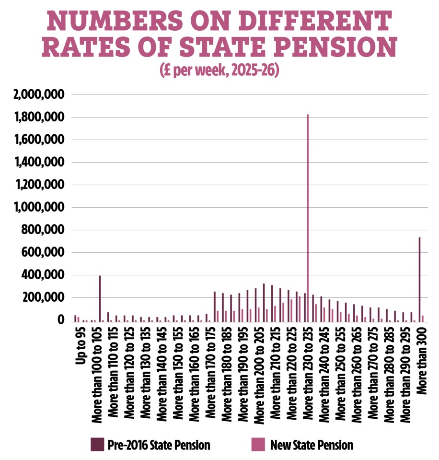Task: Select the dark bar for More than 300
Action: tap(419, 279)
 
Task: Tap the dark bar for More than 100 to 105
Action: tap(100, 298)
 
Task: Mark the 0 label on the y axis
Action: tap(60, 320)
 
